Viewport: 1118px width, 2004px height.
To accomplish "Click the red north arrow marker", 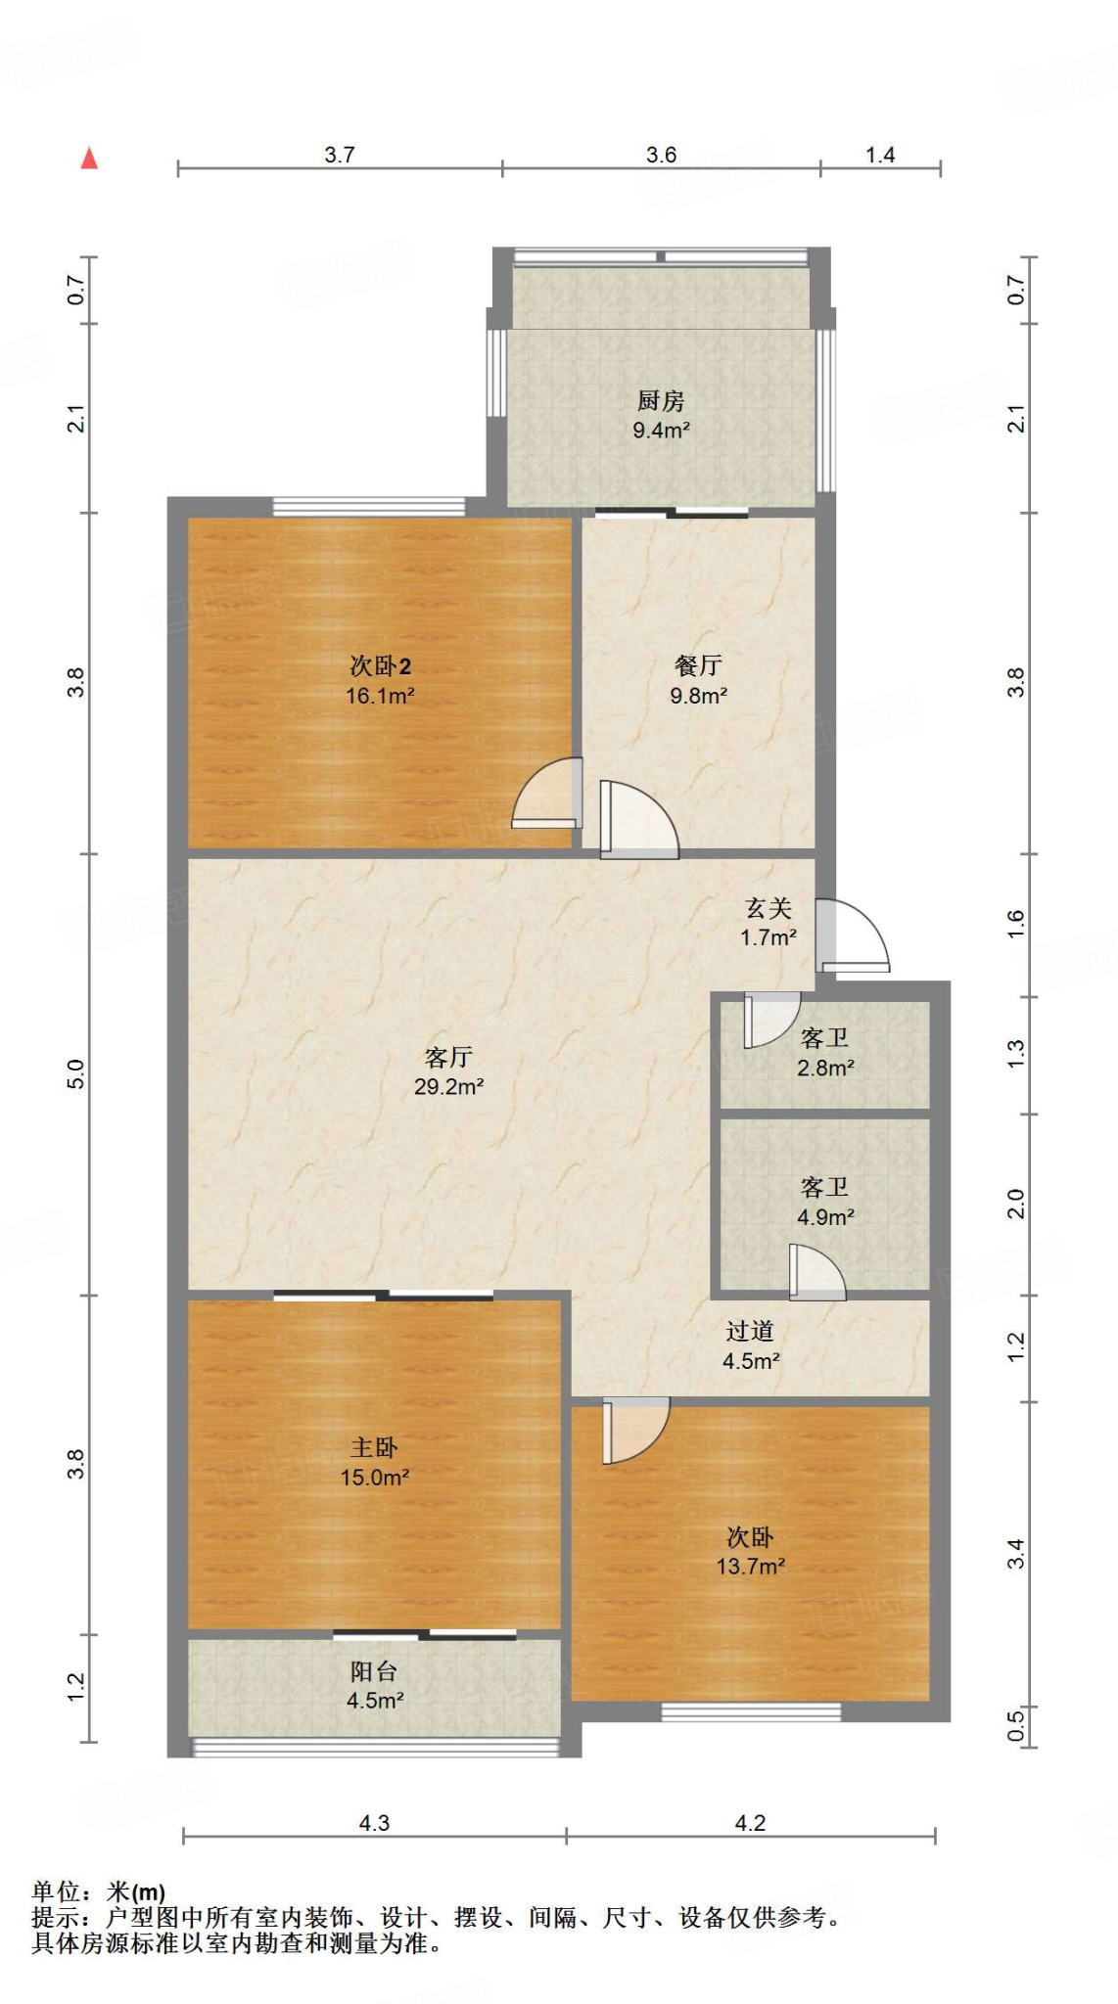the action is [89, 158].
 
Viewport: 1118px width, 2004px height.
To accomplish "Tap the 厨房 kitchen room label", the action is [661, 401].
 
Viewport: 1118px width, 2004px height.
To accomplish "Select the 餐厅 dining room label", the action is [698, 666].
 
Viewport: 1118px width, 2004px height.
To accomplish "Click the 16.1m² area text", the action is [380, 696].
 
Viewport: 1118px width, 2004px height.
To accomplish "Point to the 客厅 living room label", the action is [448, 1057].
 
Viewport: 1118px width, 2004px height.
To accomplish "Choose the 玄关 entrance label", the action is [769, 909].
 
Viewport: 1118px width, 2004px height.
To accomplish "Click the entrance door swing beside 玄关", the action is [852, 935].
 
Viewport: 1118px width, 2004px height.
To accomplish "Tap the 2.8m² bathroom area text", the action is [825, 1068].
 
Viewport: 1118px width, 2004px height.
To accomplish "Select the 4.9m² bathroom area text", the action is [825, 1217].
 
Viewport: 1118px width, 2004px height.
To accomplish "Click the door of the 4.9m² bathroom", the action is [816, 1272].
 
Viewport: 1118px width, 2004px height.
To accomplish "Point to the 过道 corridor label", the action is [750, 1331].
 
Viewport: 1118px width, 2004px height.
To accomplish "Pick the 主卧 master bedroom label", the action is [374, 1447].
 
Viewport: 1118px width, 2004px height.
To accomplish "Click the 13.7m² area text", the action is [750, 1567].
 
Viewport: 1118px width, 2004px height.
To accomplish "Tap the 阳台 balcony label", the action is [374, 1671].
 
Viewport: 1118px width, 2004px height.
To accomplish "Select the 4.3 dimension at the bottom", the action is [374, 1823].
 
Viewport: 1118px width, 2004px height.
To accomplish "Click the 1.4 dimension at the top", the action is [880, 155].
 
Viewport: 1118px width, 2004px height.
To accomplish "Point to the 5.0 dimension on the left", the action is [75, 1074].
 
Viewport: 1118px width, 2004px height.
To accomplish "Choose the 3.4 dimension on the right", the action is [1016, 1553].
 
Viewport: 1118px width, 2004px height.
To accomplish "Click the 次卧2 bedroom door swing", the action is [546, 793].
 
